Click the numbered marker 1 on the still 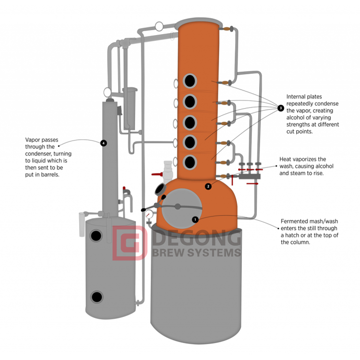195,219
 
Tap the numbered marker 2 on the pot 208,186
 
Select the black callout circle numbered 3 280,108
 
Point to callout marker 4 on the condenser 103,143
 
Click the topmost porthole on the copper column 191,80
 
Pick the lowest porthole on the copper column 191,162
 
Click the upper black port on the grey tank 96,235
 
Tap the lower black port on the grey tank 96,297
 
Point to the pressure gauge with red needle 150,213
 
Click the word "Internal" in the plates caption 296,96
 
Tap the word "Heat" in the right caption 286,159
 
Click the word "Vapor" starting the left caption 33,141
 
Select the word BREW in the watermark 167,252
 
